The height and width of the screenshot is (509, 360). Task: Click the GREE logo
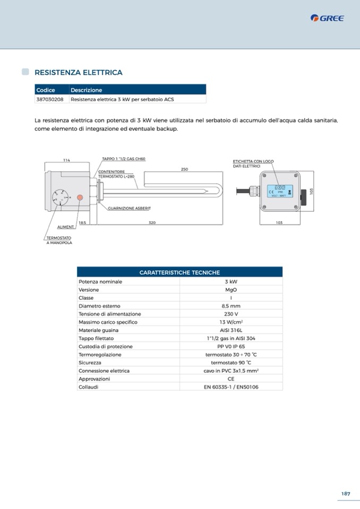click(x=327, y=18)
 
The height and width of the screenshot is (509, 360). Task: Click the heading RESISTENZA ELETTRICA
click(x=78, y=72)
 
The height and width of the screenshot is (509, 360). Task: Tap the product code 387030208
click(x=50, y=99)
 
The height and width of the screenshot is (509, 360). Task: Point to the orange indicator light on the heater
click(x=80, y=197)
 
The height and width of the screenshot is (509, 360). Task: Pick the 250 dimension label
click(x=184, y=169)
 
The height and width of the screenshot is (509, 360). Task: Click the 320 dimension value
click(x=152, y=223)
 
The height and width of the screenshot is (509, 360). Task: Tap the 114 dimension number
click(x=66, y=160)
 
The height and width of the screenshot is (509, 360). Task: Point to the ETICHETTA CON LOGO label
click(x=253, y=161)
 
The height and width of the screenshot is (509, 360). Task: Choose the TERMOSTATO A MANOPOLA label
click(x=59, y=240)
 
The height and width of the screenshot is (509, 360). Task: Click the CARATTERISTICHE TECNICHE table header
click(x=179, y=272)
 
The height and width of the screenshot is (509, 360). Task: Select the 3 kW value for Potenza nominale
click(x=231, y=281)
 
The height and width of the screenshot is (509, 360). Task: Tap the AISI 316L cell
click(x=231, y=330)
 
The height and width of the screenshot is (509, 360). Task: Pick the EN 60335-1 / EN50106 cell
click(x=231, y=387)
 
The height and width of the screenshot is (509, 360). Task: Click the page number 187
click(x=345, y=494)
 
